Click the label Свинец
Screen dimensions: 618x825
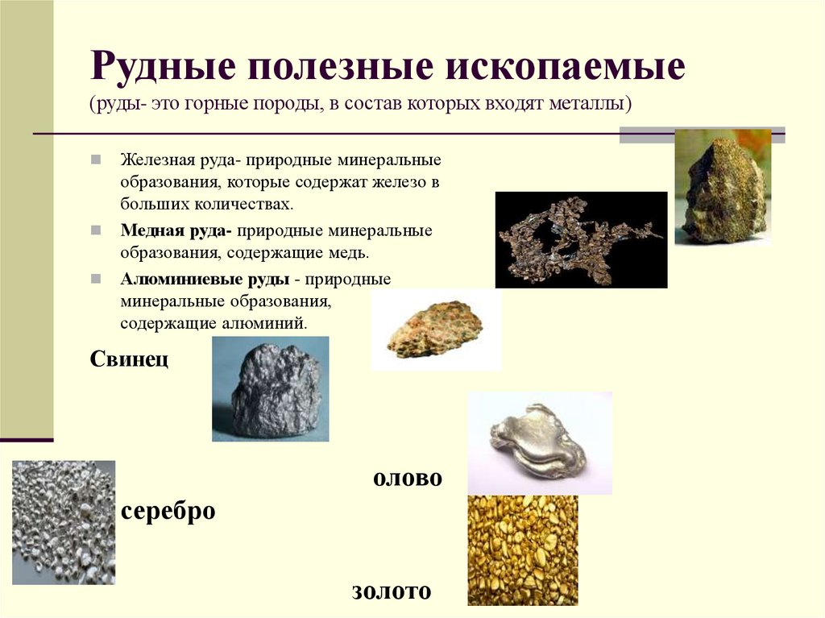click(x=129, y=358)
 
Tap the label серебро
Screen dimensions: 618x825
click(x=168, y=511)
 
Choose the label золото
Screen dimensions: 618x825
click(x=392, y=591)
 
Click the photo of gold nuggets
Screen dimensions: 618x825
click(x=522, y=550)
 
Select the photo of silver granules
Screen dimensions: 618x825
click(x=64, y=522)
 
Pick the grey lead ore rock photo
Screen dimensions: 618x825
click(x=270, y=389)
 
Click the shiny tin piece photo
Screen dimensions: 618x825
click(x=539, y=442)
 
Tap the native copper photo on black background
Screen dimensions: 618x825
click(x=580, y=239)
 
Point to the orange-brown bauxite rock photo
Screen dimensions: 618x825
click(x=435, y=330)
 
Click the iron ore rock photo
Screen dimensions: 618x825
click(x=722, y=187)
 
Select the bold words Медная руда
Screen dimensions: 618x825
click(x=176, y=231)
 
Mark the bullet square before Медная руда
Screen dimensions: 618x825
click(x=96, y=231)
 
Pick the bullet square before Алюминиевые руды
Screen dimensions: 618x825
click(x=96, y=280)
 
